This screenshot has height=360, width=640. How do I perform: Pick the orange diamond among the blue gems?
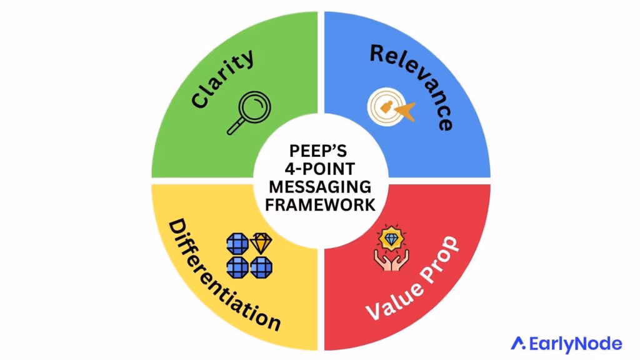[261, 243]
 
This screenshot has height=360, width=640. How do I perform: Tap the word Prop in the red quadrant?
[437, 260]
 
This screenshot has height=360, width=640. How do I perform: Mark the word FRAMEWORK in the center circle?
[320, 205]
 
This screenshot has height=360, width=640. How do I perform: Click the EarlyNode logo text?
[575, 343]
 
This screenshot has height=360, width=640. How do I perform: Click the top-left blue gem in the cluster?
[237, 243]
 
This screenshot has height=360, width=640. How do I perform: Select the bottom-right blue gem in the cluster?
[261, 267]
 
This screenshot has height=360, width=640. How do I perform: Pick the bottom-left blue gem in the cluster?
[237, 267]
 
